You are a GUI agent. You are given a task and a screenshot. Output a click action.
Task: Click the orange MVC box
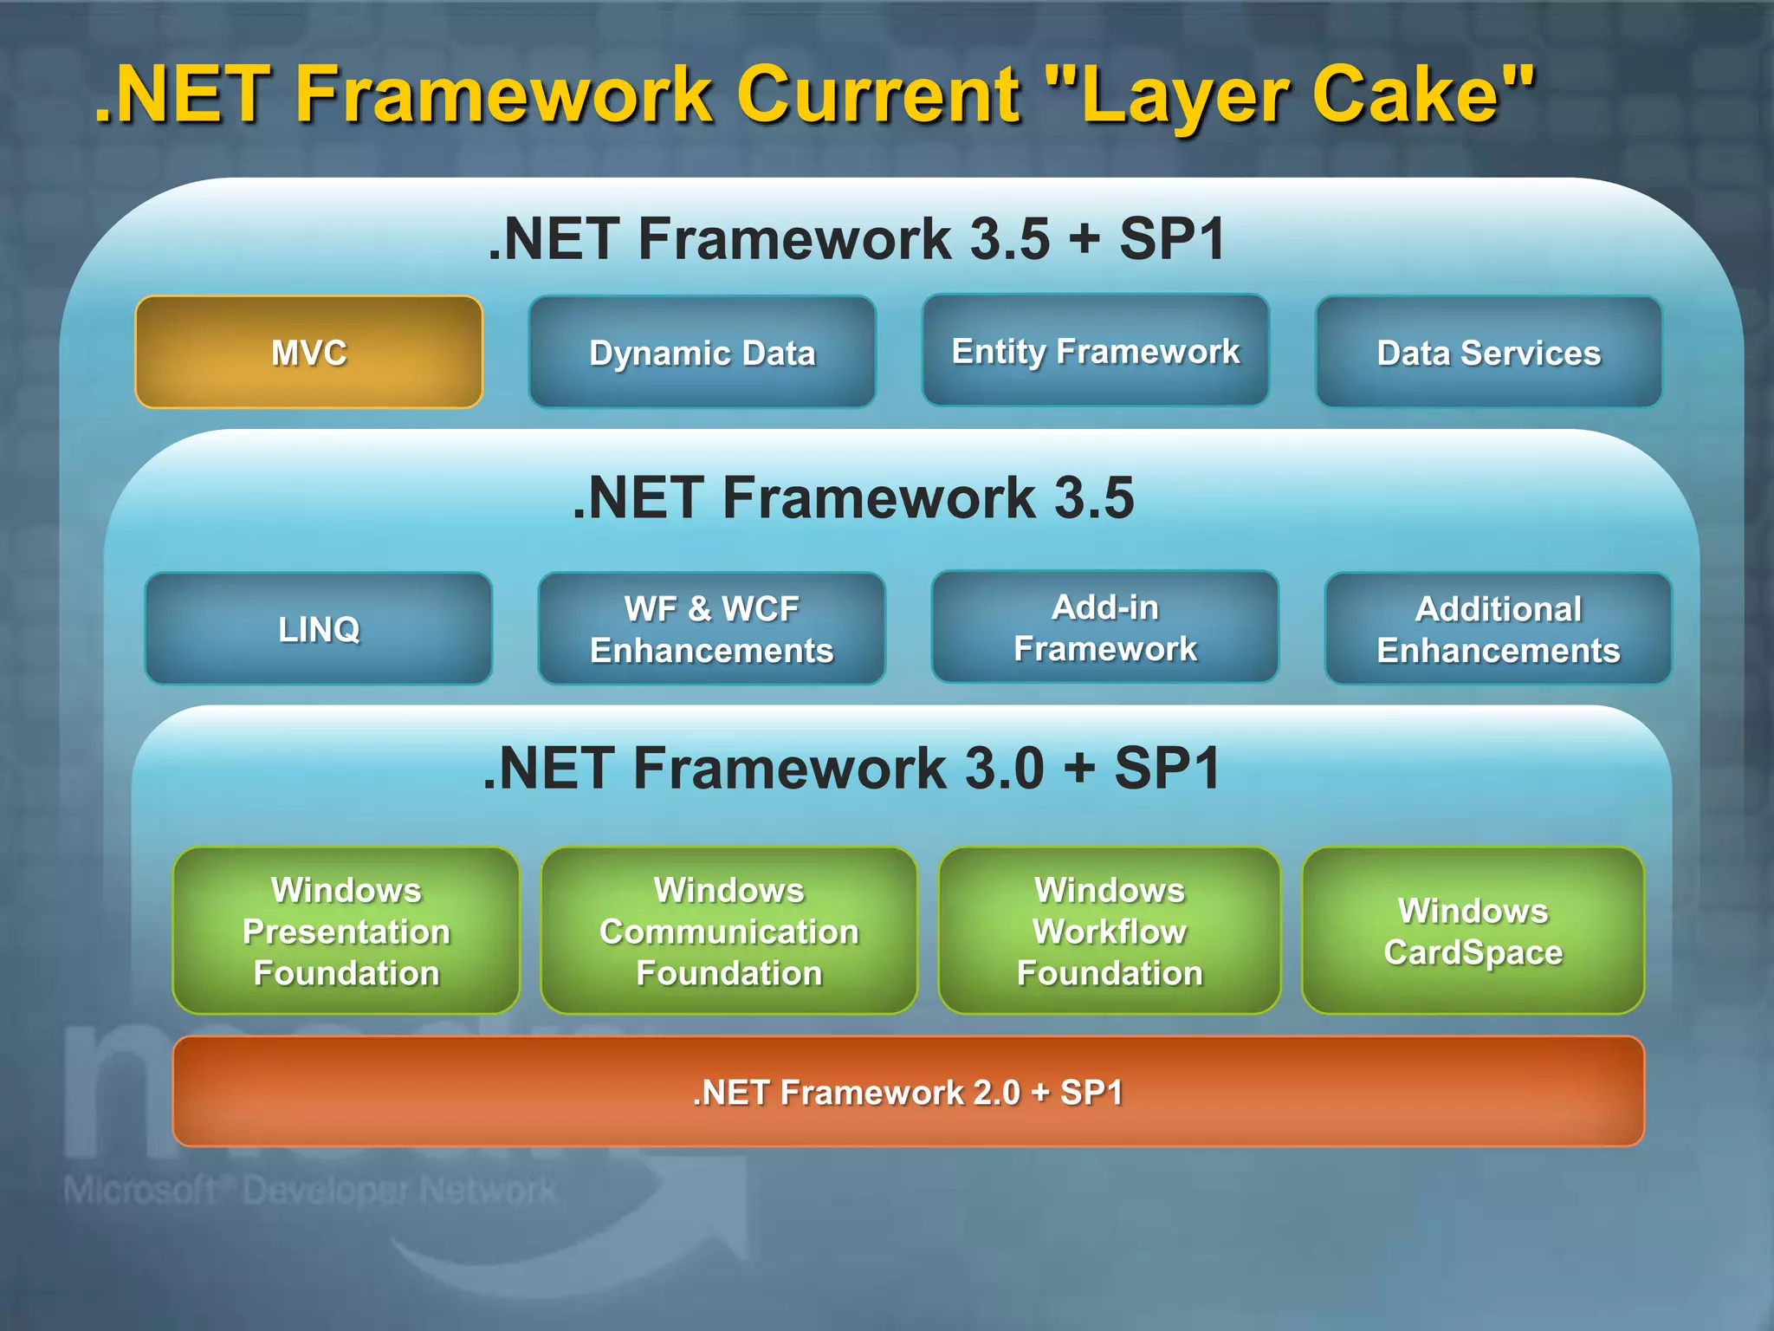point(308,352)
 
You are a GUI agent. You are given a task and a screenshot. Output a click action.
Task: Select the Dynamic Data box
point(702,352)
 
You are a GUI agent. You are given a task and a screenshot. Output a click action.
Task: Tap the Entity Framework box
point(1095,350)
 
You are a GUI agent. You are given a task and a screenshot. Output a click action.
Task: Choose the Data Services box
point(1488,352)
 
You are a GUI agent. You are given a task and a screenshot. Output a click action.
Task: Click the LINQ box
point(318,628)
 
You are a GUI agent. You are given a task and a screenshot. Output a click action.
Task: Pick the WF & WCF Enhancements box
point(711,628)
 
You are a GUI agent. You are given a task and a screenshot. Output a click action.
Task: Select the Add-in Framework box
point(1104,627)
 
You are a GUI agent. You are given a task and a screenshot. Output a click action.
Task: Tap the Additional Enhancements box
point(1498,628)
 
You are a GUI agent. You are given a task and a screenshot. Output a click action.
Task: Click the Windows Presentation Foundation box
point(346,931)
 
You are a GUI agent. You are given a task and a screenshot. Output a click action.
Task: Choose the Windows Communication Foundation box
point(728,931)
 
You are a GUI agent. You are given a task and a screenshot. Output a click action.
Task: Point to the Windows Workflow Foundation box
point(1109,931)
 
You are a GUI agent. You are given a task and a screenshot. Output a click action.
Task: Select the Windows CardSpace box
point(1473,931)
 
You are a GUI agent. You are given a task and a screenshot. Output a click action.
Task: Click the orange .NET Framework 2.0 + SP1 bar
point(908,1092)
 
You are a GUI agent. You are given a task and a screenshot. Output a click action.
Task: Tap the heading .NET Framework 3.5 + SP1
point(856,238)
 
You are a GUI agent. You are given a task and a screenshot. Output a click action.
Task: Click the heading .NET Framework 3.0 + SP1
point(851,768)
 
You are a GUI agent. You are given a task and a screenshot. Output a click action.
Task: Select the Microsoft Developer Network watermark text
point(309,1191)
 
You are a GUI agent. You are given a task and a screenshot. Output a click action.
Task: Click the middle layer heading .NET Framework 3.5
point(853,497)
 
